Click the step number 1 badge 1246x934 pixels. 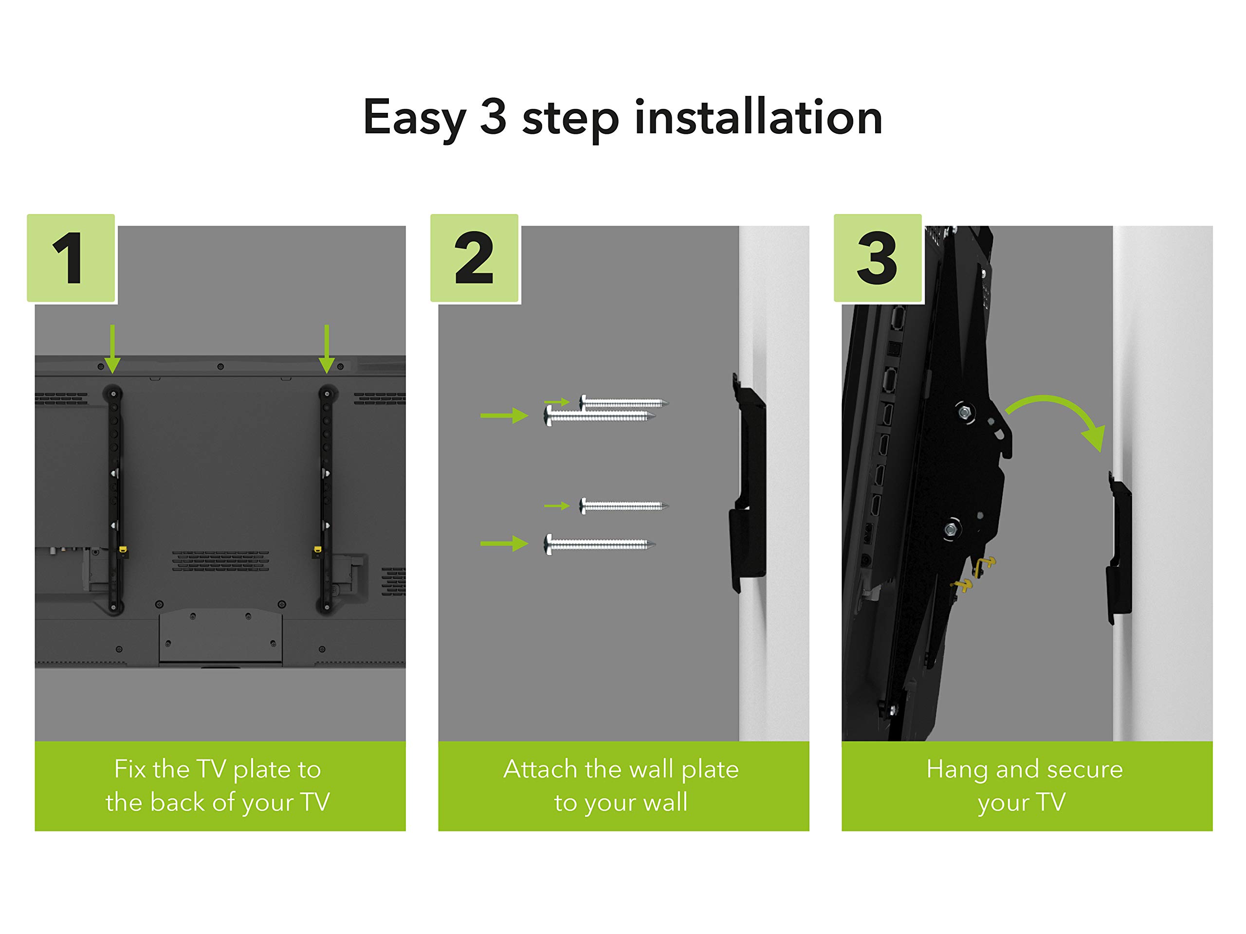coord(71,258)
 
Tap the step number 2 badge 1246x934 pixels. coord(474,258)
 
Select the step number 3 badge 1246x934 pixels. coord(878,258)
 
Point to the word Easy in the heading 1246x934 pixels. coord(415,119)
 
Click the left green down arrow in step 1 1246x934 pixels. coord(112,349)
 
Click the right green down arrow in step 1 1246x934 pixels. coord(327,349)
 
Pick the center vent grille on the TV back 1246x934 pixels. coord(220,561)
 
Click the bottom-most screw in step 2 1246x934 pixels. coord(599,544)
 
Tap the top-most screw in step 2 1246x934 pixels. coord(623,402)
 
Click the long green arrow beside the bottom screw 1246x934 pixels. coord(504,544)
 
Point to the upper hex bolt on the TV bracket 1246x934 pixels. coord(964,413)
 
